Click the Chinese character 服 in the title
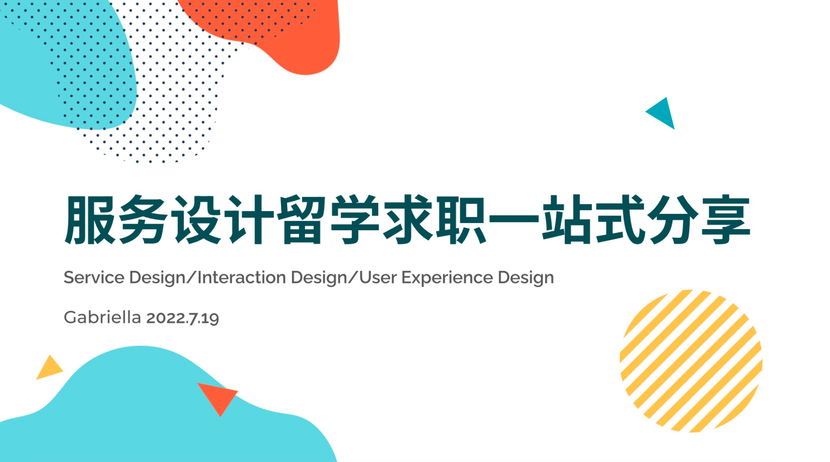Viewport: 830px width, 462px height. tap(89, 219)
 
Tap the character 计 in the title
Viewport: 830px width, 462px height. tap(249, 219)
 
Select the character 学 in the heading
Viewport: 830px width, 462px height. tap(355, 219)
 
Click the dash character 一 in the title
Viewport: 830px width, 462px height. tap(514, 218)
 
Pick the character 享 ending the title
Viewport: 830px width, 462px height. tap(726, 219)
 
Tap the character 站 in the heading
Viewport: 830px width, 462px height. tap(567, 219)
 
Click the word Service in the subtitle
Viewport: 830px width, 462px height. tap(94, 277)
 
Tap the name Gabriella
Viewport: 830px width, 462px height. tap(102, 317)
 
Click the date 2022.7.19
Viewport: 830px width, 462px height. tap(183, 318)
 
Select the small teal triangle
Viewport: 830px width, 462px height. tap(662, 113)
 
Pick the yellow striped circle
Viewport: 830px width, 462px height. tap(691, 361)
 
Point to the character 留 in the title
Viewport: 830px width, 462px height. tap(302, 219)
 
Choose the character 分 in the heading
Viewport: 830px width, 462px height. tap(673, 219)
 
